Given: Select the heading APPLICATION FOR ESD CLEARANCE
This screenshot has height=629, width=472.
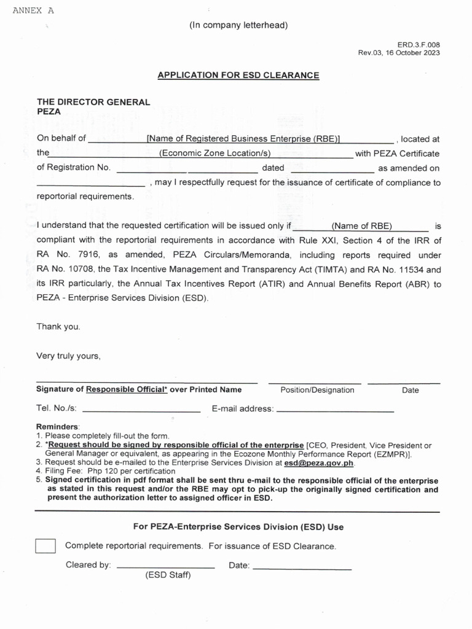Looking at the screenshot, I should click(x=238, y=75).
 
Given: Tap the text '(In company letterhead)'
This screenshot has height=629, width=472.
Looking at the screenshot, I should click(x=238, y=25).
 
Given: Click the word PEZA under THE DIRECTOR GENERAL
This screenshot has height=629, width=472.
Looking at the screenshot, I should click(x=49, y=112).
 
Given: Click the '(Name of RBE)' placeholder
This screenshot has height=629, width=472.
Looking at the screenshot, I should click(x=361, y=225).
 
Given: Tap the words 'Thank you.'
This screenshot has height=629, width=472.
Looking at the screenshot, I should click(x=58, y=327).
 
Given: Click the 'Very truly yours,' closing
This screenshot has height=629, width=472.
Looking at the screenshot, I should click(x=68, y=356).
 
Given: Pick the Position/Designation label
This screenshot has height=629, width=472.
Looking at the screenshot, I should click(x=317, y=390).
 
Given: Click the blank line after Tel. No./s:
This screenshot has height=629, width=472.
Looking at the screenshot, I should click(x=141, y=410).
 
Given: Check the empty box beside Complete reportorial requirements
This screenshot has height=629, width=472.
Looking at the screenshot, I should click(x=45, y=546).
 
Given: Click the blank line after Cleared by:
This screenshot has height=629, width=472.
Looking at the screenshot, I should click(x=165, y=566).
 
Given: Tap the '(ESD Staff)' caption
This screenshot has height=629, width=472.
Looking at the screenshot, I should click(x=168, y=576).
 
